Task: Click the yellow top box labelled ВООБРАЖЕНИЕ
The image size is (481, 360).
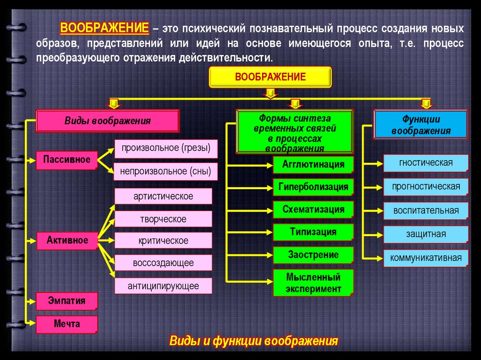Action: (270, 77)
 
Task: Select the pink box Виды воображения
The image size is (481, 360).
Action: (108, 121)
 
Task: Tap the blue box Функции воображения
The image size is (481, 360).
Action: (420, 125)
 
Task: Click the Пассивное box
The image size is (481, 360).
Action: (67, 160)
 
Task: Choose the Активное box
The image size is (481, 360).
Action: (67, 240)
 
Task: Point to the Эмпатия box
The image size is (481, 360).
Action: (67, 301)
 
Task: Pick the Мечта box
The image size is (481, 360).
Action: (67, 324)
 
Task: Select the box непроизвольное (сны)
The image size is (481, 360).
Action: (166, 172)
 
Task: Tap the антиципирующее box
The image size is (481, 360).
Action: (163, 285)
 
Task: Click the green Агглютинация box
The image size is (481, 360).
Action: (313, 165)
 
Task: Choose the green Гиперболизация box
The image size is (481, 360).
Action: (313, 187)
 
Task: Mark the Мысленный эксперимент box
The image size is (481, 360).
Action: (313, 283)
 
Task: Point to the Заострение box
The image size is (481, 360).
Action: (313, 255)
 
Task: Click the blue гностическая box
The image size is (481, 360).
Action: (426, 163)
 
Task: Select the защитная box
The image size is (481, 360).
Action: (426, 234)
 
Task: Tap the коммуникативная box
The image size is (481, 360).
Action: (426, 258)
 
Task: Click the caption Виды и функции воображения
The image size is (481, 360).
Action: (254, 340)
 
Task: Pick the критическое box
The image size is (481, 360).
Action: (163, 241)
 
